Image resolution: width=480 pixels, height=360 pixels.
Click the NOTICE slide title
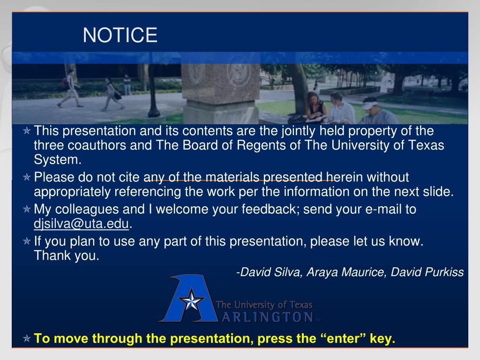click(120, 35)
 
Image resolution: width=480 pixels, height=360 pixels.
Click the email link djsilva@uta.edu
click(81, 224)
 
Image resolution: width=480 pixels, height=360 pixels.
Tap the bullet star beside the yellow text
click(27, 338)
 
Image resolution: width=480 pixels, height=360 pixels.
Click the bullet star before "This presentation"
click(27, 131)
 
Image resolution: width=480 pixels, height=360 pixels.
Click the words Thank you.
click(67, 256)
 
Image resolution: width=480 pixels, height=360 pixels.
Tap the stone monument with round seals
click(220, 89)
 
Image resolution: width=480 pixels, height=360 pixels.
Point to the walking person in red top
click(70, 88)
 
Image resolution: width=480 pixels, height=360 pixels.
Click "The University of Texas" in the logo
click(264, 305)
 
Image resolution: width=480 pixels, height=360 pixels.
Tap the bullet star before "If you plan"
click(27, 242)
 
